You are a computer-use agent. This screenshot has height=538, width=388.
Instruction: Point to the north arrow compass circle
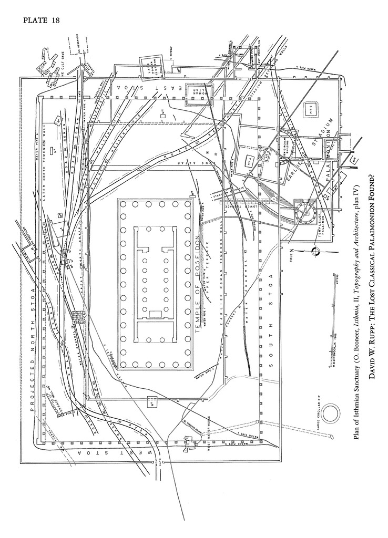coord(315,252)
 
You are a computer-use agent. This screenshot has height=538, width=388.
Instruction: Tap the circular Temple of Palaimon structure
coord(303,213)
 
